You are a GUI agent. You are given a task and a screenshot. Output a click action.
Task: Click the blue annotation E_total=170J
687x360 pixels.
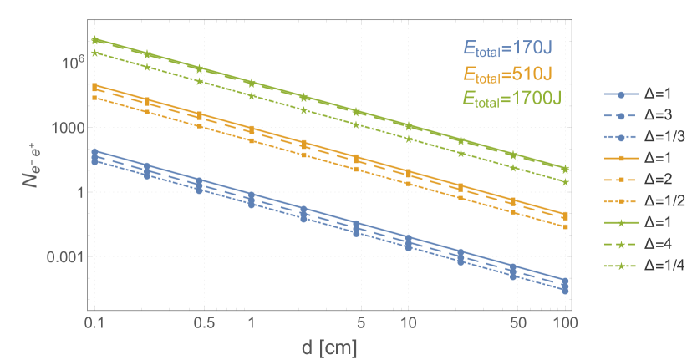(509, 49)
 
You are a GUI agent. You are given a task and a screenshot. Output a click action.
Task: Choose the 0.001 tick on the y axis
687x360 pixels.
(62, 256)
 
